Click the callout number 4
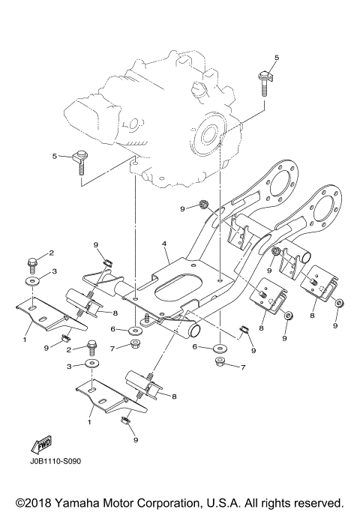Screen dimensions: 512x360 coord(164,244)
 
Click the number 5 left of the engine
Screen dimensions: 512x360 coord(54,155)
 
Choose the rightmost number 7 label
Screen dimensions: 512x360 coord(243,367)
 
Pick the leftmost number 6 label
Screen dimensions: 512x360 coord(112,329)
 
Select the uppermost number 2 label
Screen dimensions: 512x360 coord(52,253)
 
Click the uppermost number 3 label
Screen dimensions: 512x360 coord(54,270)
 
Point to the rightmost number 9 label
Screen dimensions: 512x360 coord(335,326)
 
